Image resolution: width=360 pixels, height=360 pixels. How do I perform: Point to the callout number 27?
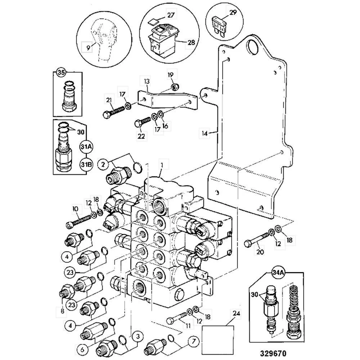coord(170,15)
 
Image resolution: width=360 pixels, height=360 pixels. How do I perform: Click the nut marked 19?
coord(173,86)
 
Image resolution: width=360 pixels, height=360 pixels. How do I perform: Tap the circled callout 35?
coord(61,72)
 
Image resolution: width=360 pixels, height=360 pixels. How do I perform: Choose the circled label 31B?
coord(87,164)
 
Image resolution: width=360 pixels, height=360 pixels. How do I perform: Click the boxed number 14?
coord(204,133)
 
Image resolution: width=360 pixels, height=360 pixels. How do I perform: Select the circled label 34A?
coord(277,274)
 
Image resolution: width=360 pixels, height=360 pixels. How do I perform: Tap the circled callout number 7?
coord(193,341)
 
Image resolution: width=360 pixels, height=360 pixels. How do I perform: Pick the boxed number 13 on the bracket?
coord(146,82)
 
